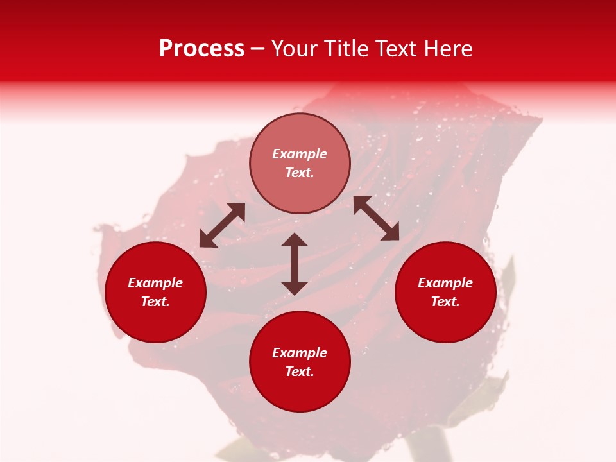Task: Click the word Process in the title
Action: pyautogui.click(x=201, y=49)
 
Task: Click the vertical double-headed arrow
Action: pyautogui.click(x=295, y=264)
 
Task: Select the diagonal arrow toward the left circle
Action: pyautogui.click(x=222, y=225)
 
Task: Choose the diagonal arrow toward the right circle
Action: pyautogui.click(x=377, y=218)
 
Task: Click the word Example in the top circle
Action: pyautogui.click(x=300, y=154)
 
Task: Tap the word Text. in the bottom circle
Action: pyautogui.click(x=300, y=372)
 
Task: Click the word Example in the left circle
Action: pyautogui.click(x=155, y=283)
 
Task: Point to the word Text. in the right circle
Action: pyautogui.click(x=445, y=302)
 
